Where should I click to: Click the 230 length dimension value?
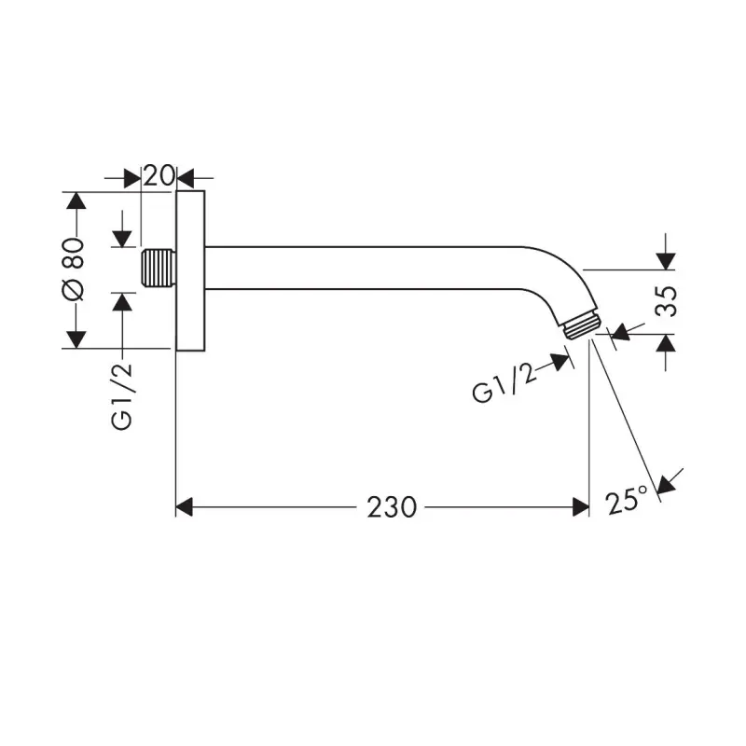[x=392, y=507]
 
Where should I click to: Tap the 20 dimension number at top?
[x=159, y=175]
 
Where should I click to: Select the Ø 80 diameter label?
[x=73, y=269]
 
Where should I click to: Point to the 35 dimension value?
[x=666, y=301]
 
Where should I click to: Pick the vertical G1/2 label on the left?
[x=122, y=396]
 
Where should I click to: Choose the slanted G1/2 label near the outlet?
[x=504, y=383]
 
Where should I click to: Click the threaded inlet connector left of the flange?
[x=159, y=268]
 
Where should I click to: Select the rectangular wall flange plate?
[x=190, y=270]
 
